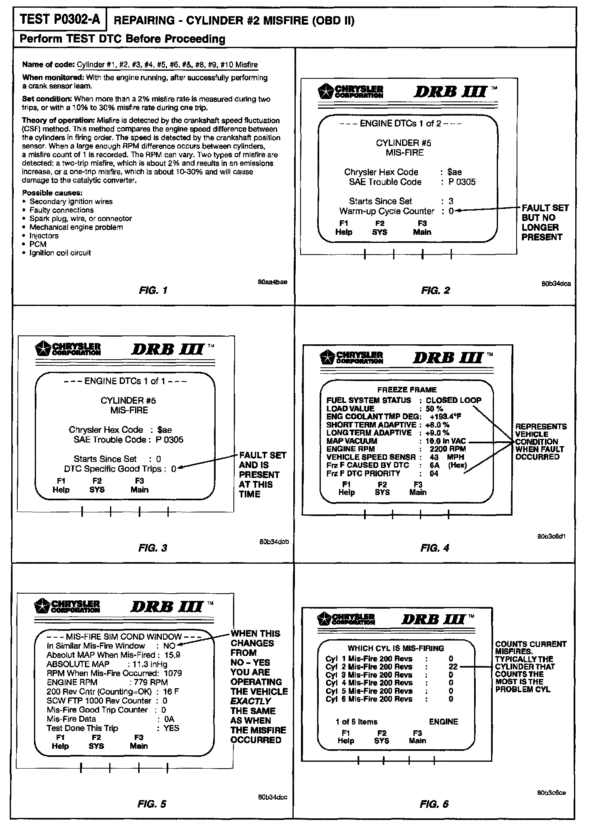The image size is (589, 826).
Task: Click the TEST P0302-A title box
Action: point(60,19)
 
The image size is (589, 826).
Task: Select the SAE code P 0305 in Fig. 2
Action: point(462,182)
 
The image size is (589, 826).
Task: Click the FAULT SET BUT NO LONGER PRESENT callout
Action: point(544,222)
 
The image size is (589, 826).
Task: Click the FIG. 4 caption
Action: point(435,548)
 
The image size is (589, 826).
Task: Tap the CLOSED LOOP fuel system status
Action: point(453,400)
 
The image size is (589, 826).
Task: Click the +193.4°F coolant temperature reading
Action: point(445,417)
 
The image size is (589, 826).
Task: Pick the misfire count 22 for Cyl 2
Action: point(453,666)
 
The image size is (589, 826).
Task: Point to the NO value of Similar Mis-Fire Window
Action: point(169,646)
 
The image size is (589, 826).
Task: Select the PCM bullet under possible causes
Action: point(38,244)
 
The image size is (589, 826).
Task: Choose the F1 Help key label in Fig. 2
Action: point(344,228)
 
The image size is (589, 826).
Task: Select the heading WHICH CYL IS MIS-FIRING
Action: point(396,648)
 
